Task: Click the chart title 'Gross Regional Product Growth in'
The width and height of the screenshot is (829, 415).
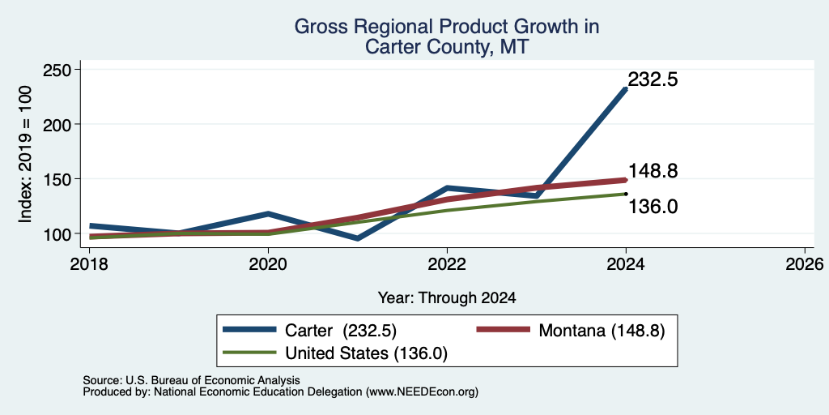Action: (x=447, y=27)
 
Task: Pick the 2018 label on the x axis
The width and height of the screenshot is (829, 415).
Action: (x=89, y=264)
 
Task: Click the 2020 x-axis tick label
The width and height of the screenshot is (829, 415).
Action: (x=268, y=264)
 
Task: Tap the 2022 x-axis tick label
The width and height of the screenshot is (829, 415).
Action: (x=447, y=264)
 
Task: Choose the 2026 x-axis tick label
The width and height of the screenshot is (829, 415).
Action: (x=805, y=264)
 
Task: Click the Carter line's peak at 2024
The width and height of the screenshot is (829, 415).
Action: (x=626, y=89)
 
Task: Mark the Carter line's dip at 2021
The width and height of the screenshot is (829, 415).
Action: (x=358, y=239)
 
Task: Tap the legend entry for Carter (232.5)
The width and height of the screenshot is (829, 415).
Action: (x=309, y=331)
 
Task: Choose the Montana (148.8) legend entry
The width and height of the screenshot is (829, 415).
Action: (x=571, y=331)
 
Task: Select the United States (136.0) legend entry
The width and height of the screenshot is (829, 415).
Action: (x=335, y=353)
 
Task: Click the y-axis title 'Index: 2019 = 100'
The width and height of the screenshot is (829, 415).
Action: (x=25, y=154)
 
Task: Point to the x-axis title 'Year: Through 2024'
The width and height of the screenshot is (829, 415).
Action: (x=447, y=298)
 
